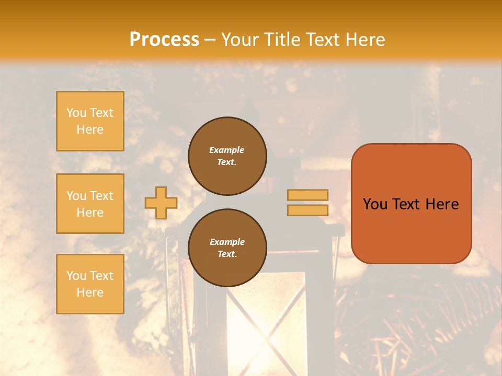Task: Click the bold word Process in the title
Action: click(164, 40)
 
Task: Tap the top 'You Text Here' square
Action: click(90, 121)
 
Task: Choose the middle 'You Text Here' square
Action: click(90, 204)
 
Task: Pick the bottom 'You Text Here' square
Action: click(90, 284)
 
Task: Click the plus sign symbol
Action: click(161, 203)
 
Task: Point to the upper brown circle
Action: click(227, 156)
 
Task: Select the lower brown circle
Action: click(227, 248)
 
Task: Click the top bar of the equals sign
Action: click(307, 195)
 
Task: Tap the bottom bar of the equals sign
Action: click(307, 210)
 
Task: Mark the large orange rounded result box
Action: click(411, 204)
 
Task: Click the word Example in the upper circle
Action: click(227, 150)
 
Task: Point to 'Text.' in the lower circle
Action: click(227, 254)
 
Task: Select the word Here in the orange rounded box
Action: click(442, 204)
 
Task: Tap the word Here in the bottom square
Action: click(90, 292)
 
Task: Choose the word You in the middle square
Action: click(76, 196)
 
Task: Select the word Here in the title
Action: click(366, 40)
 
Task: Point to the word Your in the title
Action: click(239, 40)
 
